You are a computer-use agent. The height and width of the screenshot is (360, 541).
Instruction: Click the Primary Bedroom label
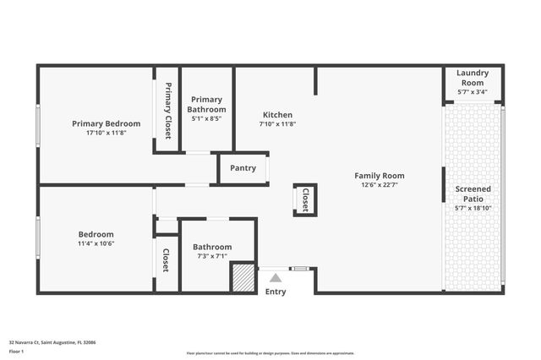(106, 123)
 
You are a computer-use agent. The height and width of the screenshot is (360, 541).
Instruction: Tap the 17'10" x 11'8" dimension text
(106, 134)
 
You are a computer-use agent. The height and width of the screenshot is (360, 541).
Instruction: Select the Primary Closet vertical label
(167, 111)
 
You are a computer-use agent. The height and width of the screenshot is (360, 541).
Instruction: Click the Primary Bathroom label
(207, 105)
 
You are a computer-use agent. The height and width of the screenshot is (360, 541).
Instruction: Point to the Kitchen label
(277, 115)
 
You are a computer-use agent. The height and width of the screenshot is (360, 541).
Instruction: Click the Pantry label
(243, 168)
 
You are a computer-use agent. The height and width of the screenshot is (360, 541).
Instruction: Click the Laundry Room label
(472, 78)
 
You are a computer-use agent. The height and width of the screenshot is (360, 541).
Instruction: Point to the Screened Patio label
(473, 194)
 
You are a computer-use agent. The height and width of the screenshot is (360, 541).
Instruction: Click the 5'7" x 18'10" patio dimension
(473, 207)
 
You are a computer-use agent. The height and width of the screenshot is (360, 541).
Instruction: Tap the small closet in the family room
(305, 199)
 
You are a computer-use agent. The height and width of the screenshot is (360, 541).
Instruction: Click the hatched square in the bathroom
(243, 278)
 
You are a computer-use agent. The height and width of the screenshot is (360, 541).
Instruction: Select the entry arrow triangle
(276, 276)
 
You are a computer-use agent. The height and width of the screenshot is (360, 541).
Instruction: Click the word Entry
(276, 292)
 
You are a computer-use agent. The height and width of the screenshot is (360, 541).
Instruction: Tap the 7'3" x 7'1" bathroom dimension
(212, 256)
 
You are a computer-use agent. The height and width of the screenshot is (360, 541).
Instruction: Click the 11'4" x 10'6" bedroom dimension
(96, 243)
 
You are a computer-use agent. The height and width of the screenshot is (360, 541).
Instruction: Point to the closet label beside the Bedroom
(166, 259)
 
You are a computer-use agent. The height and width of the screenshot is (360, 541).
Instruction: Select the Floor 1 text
(17, 351)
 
